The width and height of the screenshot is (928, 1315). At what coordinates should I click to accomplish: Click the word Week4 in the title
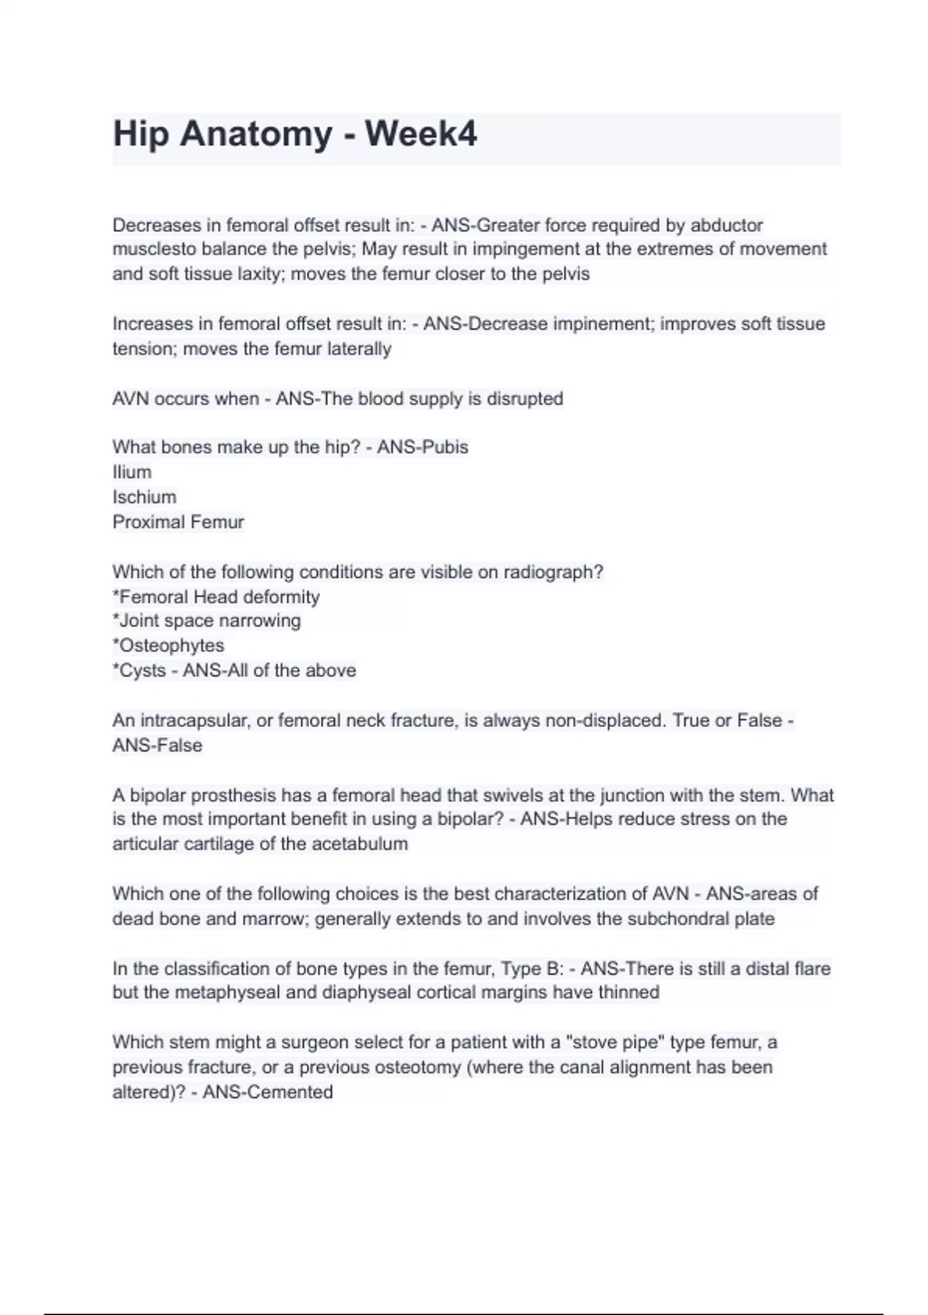421,134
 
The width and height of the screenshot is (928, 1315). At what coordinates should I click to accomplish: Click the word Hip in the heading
141,134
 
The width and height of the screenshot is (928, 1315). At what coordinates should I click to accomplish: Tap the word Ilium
132,472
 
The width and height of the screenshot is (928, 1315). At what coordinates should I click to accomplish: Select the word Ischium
145,497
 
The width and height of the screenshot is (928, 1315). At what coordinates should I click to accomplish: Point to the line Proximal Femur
179,522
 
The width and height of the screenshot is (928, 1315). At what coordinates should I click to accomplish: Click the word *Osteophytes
169,645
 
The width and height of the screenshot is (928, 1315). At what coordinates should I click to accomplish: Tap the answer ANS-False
158,746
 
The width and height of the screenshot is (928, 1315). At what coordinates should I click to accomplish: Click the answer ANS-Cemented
268,1092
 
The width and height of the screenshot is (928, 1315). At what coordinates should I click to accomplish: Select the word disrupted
525,399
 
